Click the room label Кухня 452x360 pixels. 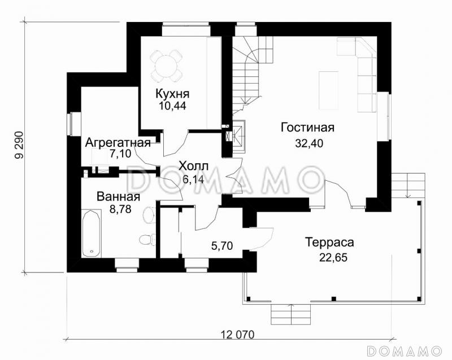coord(173,94)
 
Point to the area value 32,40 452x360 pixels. coord(308,143)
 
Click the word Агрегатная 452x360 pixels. coord(118,142)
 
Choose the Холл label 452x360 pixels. coord(194,166)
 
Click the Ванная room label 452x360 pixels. coord(118,197)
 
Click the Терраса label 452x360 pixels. coord(329,243)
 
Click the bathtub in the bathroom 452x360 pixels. coord(91,232)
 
